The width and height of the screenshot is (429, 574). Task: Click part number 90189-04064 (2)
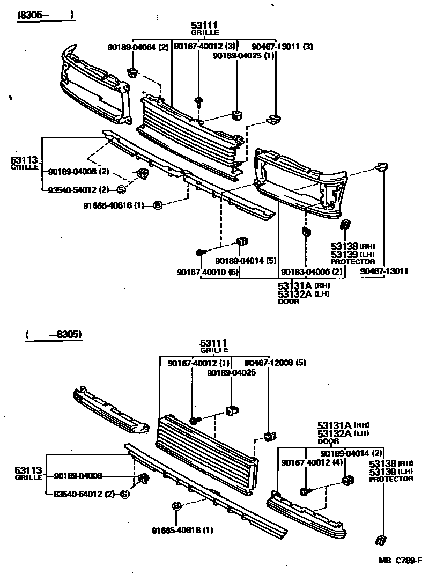coord(138,47)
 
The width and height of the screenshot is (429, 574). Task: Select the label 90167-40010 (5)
coord(207,272)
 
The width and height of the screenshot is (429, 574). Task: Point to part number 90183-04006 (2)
coord(312,271)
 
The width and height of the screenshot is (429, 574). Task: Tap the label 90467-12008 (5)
coord(275,363)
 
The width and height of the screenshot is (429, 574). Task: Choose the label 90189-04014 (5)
coord(246,261)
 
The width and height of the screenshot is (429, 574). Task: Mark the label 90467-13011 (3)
coord(283,47)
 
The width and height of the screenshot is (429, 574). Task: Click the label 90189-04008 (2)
coord(78,172)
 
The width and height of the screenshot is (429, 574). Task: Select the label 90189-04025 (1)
coord(244,55)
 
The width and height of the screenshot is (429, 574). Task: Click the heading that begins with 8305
coord(45,16)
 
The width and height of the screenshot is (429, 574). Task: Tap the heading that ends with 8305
coord(54,335)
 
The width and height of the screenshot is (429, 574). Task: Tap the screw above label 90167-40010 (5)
coord(199,253)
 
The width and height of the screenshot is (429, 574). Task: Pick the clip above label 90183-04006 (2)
coord(306,232)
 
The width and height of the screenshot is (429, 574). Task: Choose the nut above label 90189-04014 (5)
coord(241,241)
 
